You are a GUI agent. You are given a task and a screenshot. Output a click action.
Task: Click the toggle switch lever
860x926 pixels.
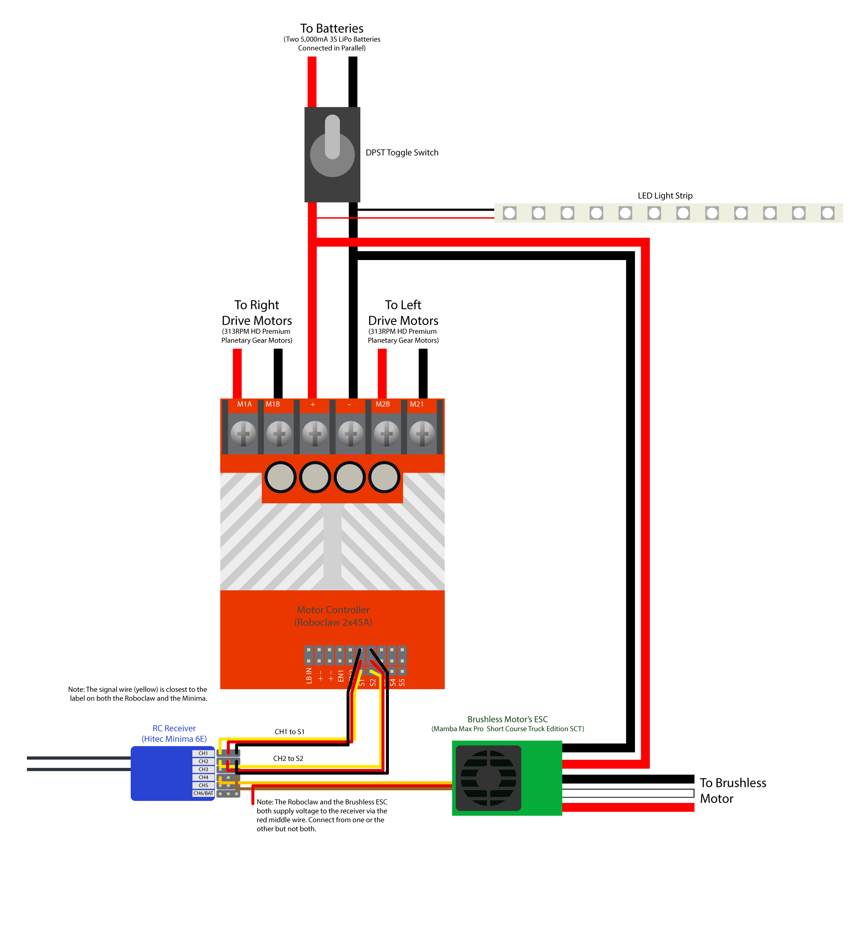(x=332, y=138)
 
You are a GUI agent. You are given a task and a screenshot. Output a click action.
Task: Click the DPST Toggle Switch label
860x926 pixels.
(x=402, y=153)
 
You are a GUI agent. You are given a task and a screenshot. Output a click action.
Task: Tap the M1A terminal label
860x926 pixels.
(x=244, y=404)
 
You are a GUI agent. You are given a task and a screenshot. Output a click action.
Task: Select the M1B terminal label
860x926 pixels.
(x=273, y=404)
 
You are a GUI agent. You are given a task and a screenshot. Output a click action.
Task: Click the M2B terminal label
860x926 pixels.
(x=382, y=404)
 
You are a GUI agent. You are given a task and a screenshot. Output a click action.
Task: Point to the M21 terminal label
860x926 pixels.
(x=417, y=404)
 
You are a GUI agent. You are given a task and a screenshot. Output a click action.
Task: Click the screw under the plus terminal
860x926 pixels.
(x=315, y=434)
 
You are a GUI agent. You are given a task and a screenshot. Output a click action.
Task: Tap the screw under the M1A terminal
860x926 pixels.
(x=243, y=434)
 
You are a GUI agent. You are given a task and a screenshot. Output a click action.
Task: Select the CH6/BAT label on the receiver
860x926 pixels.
(x=203, y=793)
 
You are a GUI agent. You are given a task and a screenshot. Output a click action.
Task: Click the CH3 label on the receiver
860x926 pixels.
(x=203, y=769)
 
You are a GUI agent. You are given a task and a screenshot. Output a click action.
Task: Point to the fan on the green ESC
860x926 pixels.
(x=488, y=778)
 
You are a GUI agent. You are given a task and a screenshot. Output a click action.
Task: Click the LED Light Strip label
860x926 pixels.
(x=665, y=196)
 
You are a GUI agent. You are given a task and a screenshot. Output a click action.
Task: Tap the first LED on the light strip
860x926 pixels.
(x=510, y=213)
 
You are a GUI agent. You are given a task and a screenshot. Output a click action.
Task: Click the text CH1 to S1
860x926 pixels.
(x=289, y=732)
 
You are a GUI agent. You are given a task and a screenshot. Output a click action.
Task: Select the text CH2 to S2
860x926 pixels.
(x=288, y=759)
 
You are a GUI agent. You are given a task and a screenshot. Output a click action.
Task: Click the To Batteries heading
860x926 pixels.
(x=331, y=29)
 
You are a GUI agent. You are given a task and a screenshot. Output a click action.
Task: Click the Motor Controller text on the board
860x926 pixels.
(x=333, y=610)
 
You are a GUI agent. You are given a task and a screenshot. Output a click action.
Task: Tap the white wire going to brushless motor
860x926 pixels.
(x=628, y=793)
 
